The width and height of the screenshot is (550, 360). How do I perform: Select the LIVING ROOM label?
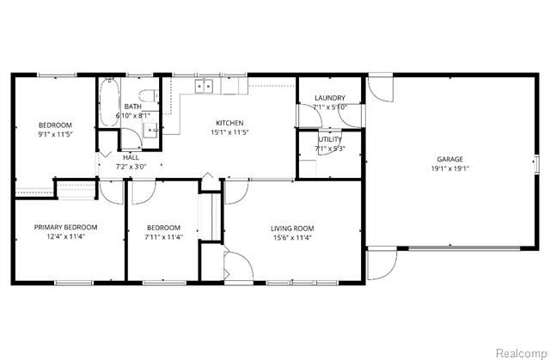point(291,228)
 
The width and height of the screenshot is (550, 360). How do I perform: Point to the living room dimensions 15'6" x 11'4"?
point(291,238)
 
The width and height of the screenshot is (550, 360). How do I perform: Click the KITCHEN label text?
point(229,123)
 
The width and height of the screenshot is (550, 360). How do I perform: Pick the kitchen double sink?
point(204,86)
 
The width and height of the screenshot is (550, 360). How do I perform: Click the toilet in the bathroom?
point(148,94)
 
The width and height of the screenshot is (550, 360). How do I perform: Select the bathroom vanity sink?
point(150,131)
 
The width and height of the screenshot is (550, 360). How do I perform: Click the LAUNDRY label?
point(330,98)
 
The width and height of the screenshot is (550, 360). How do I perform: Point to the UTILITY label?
point(330,139)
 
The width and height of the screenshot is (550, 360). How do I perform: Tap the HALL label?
point(131,157)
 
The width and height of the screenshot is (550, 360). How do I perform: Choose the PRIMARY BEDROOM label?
point(65,228)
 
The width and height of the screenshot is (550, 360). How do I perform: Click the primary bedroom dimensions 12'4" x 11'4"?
point(65,238)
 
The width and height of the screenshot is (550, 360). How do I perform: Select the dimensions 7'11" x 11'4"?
point(162,238)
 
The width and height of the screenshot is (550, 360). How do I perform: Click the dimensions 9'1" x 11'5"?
point(53,135)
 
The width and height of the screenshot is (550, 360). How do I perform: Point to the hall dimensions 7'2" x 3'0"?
point(131,167)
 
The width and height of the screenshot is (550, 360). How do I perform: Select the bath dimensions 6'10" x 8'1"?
point(133,115)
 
